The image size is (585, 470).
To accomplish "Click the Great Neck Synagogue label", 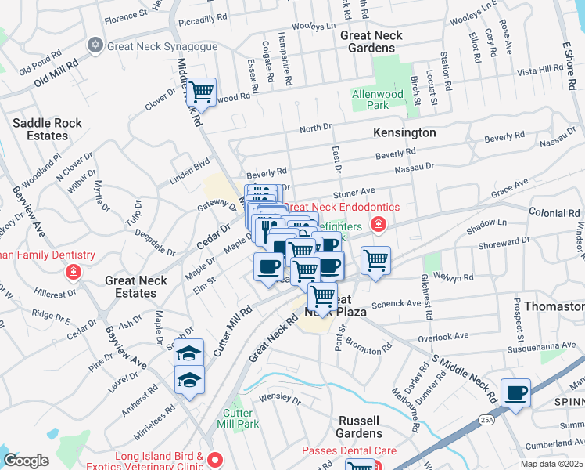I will [x=162, y=46].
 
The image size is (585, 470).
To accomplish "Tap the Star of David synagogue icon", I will [x=95, y=45].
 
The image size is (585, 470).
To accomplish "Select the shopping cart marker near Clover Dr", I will [x=201, y=92].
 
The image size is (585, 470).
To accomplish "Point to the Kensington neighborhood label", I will [x=404, y=132].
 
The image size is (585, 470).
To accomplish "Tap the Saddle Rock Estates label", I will [x=41, y=129].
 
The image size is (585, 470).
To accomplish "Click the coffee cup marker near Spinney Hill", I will [x=515, y=393].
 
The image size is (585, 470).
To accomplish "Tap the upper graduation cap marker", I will [x=188, y=353].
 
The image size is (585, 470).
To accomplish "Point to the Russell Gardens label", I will [x=360, y=427].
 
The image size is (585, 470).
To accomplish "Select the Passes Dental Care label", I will [x=349, y=451].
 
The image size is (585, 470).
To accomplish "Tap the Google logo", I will [x=26, y=461].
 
